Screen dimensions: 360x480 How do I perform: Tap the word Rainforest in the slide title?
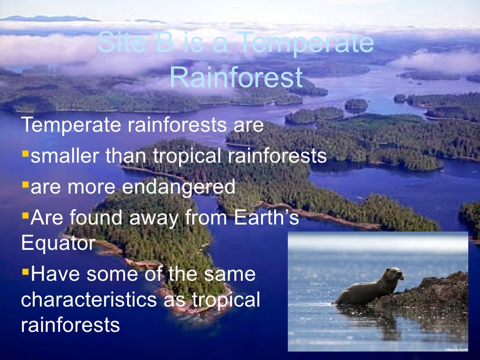pyautogui.click(x=236, y=78)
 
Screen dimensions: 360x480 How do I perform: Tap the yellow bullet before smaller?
pyautogui.click(x=25, y=153)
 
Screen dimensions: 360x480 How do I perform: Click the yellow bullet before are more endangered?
pyautogui.click(x=25, y=184)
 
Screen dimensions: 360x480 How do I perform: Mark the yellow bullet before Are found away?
pyautogui.click(x=25, y=215)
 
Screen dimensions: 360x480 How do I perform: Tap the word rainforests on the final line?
pyautogui.click(x=70, y=324)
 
